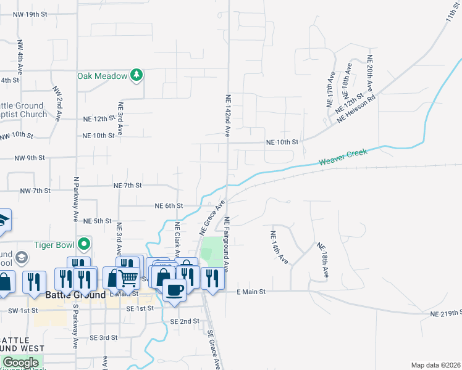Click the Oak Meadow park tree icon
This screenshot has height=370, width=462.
(x=136, y=76)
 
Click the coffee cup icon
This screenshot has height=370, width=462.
(x=174, y=289)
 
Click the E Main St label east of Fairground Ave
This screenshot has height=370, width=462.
(x=251, y=291)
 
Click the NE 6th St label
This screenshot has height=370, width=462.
(x=169, y=205)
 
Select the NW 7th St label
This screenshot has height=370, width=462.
(x=35, y=191)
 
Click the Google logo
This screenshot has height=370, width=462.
(x=20, y=363)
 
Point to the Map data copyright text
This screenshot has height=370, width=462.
(x=435, y=365)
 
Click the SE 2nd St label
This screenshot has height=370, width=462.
(x=185, y=321)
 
